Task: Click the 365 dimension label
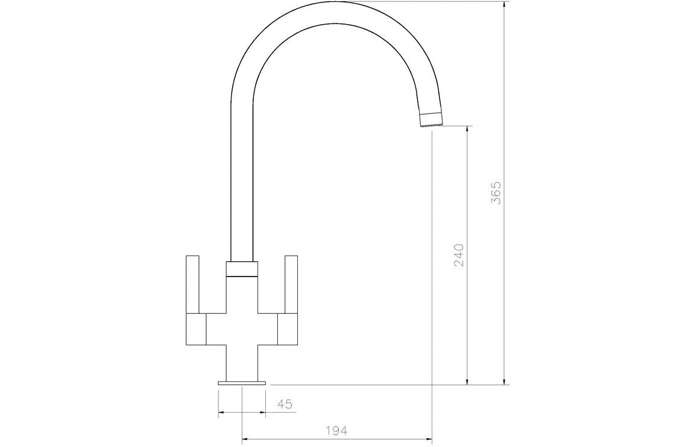[x=496, y=193]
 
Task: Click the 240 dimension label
[x=458, y=255]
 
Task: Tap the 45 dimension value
[x=285, y=404]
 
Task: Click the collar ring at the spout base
[x=242, y=269]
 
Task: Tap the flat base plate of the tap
[x=242, y=383]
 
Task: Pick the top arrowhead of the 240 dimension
[x=467, y=130]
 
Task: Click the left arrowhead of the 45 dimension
[x=221, y=413]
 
